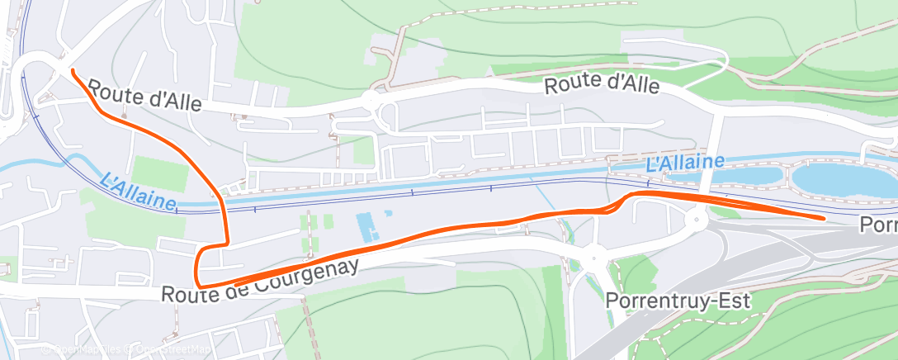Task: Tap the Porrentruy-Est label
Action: click(678, 301)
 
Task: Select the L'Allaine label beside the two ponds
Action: click(685, 163)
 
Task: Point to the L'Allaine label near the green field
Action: click(138, 191)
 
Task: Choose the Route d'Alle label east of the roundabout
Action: click(602, 84)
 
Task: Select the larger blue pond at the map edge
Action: click(842, 179)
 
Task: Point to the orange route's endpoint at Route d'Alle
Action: click(73, 72)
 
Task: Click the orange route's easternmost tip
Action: click(823, 218)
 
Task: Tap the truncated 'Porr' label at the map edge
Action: click(878, 225)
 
